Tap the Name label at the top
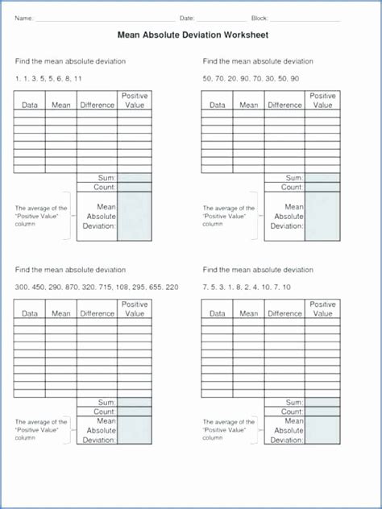tap(23, 17)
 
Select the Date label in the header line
tap(187, 17)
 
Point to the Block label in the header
tap(260, 17)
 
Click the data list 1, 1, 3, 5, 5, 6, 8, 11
tap(48, 77)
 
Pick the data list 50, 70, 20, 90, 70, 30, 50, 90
tap(251, 77)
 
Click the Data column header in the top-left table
tap(30, 105)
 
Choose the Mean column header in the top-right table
tap(249, 105)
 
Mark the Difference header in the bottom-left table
tap(97, 314)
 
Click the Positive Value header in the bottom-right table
tap(322, 309)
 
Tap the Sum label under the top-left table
tap(107, 177)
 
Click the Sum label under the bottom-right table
tap(294, 401)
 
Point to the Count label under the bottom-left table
tap(106, 411)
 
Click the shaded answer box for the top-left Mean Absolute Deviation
tap(135, 216)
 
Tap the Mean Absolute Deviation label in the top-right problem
tap(288, 216)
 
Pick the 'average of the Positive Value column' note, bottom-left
tap(41, 430)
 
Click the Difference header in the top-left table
tap(97, 105)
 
